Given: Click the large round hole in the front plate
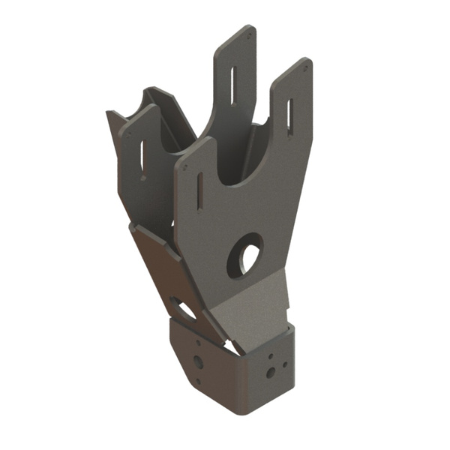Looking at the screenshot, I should coord(245,255).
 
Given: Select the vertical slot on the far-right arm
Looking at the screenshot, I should coord(289,117).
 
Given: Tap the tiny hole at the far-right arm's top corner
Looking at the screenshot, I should coord(305,65).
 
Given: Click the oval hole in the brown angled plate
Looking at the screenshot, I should coord(183,307).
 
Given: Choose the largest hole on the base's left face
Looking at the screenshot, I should coord(198,362).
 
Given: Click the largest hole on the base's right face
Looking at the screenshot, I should coord(270,372).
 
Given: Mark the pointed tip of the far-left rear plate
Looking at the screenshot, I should coord(109,112).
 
